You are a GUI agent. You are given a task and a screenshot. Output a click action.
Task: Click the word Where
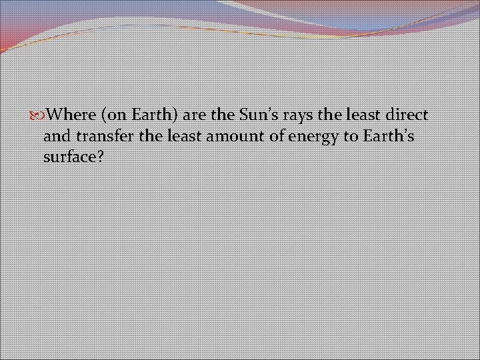tap(72, 115)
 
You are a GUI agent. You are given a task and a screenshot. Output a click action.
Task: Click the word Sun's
tap(257, 115)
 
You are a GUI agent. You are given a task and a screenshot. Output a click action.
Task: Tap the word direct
tap(405, 115)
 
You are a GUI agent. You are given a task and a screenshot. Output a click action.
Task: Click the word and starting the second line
tap(55, 137)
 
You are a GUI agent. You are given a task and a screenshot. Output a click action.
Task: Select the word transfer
tap(100, 137)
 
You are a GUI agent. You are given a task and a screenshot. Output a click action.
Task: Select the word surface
tap(70, 159)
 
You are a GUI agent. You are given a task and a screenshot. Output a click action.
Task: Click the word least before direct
tap(359, 115)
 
